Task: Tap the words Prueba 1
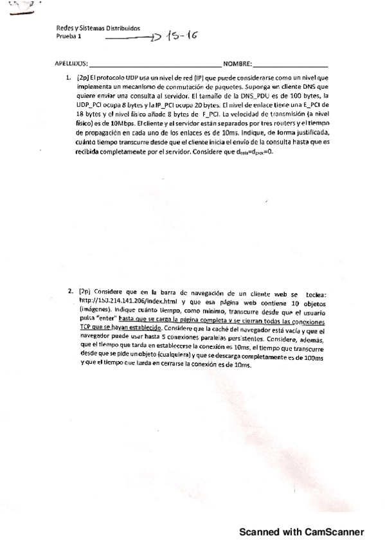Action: (69, 37)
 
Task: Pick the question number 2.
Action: (69, 291)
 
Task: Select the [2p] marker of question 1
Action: (84, 78)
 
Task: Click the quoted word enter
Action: (107, 317)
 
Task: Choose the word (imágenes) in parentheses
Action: (93, 308)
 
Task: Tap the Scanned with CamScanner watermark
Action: (301, 532)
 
